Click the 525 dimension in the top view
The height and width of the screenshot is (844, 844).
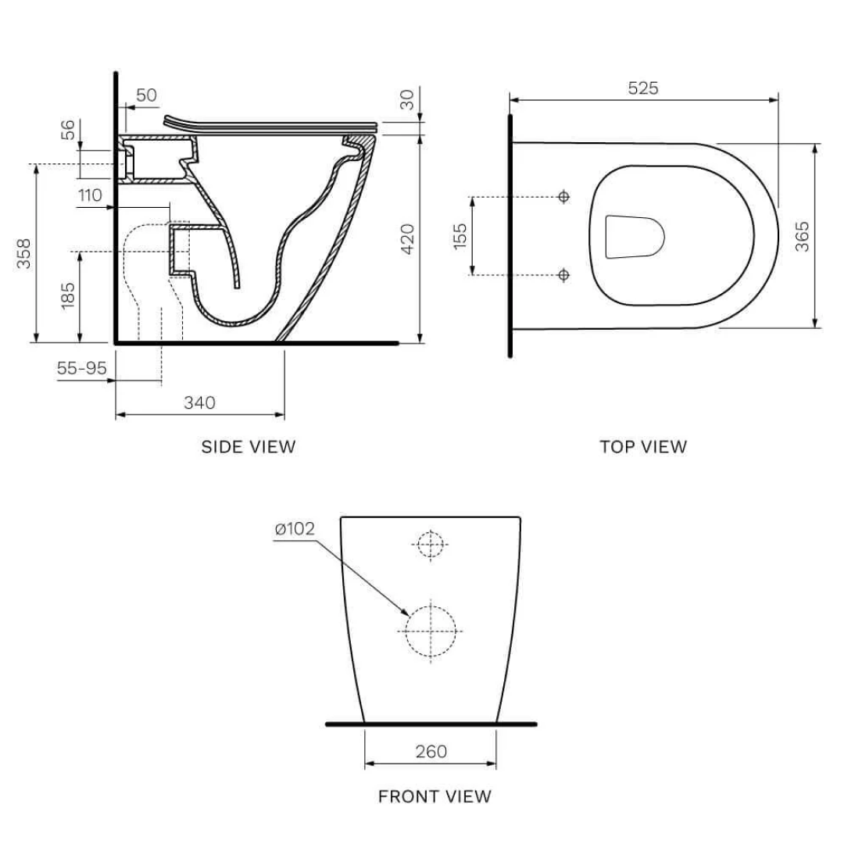point(643,88)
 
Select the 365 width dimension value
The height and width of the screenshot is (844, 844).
point(802,236)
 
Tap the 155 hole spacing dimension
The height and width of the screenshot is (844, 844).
point(460,236)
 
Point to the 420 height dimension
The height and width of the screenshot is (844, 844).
point(406,238)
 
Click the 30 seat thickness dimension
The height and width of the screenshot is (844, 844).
point(406,100)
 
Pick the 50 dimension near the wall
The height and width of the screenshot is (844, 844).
point(146,95)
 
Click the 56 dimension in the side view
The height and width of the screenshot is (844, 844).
point(68,130)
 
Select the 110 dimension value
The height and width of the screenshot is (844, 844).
point(90,195)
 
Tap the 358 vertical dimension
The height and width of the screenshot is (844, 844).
point(25,253)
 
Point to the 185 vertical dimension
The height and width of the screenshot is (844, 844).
point(68,295)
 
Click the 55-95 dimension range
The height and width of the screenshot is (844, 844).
point(81,368)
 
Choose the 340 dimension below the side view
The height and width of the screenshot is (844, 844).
point(199,403)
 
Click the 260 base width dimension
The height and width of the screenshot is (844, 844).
point(431,751)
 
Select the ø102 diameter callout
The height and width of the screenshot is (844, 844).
point(295,529)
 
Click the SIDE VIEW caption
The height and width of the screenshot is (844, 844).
point(249,447)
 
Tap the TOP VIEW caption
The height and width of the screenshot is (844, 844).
point(643,447)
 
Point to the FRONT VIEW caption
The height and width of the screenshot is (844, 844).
point(435,796)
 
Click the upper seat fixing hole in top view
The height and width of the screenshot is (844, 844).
point(564,197)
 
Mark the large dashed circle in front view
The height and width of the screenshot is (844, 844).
point(431,631)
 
